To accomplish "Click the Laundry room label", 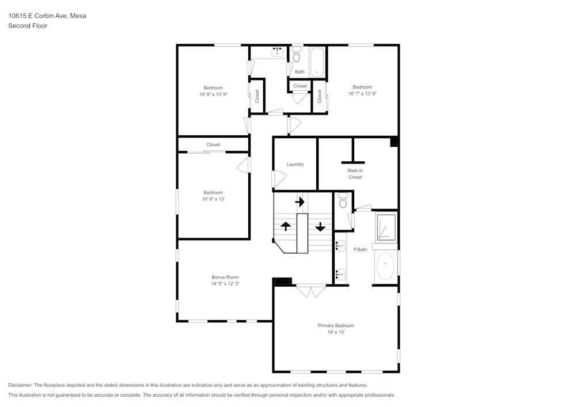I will (x=295, y=165).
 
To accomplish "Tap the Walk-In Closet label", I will (x=355, y=174).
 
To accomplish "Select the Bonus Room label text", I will (x=225, y=277).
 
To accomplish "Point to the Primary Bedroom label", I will (x=336, y=326).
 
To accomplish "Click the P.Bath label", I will (x=360, y=249).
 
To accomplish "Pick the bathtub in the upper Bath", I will (x=317, y=62).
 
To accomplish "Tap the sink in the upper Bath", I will (x=277, y=52).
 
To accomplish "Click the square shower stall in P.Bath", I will (x=385, y=227).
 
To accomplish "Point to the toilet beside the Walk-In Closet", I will (x=343, y=201).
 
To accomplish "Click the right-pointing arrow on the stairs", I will (x=300, y=202).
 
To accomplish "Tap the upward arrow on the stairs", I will (x=285, y=226).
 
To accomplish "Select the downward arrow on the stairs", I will (x=320, y=226).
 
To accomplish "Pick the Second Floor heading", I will (x=28, y=26).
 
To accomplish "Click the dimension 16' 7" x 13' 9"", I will (x=362, y=93).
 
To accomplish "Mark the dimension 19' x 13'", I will (x=336, y=332).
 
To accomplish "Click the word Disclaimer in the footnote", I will (x=20, y=385).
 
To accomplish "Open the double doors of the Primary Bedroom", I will (x=311, y=291).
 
